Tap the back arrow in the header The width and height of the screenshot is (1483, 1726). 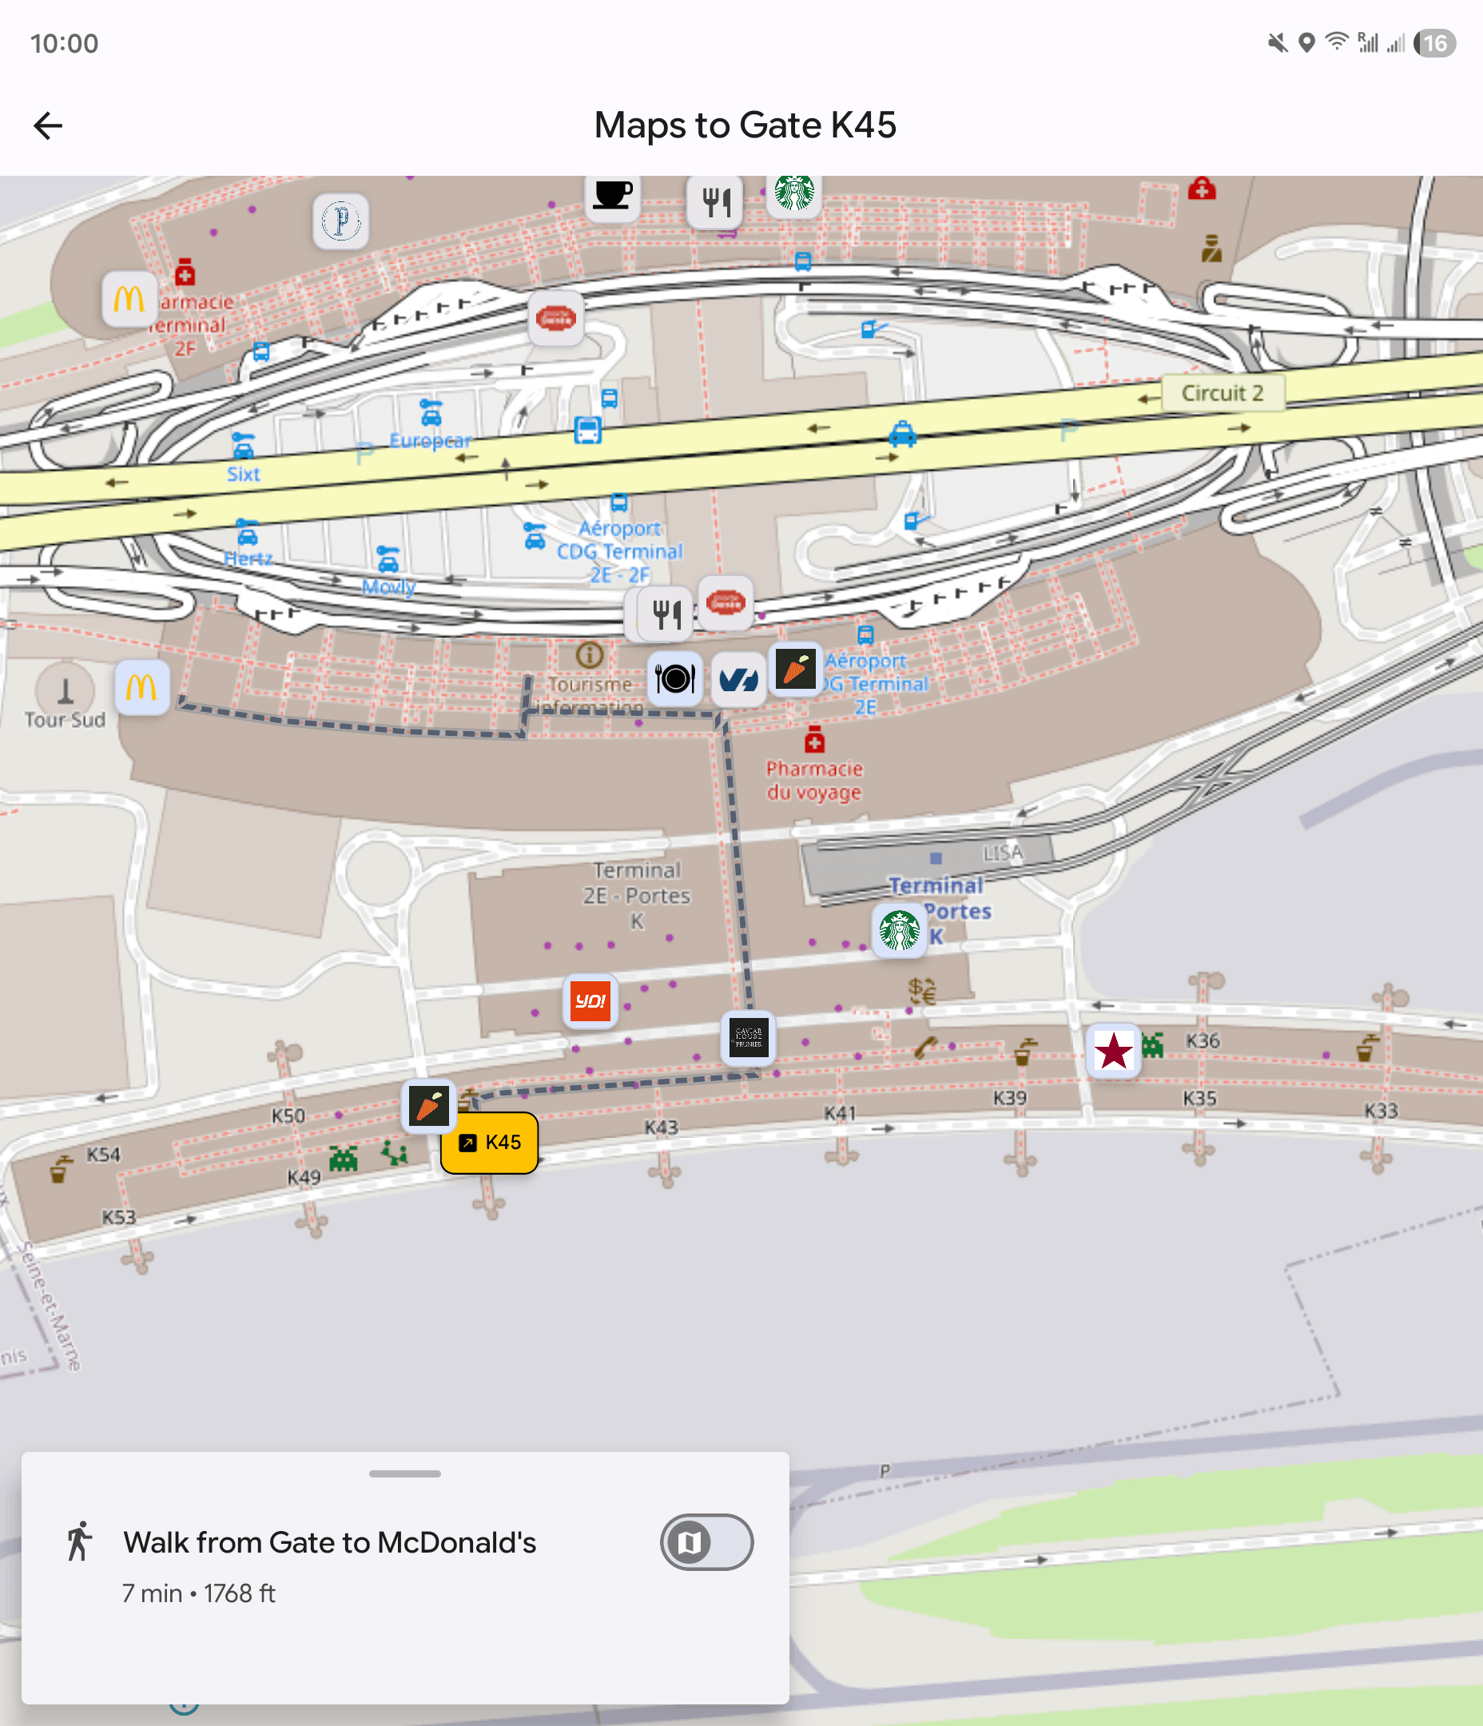[48, 125]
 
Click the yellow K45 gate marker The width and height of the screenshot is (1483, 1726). [490, 1142]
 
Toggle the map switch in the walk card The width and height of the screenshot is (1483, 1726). [706, 1542]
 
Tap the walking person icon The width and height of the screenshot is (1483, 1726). [79, 1541]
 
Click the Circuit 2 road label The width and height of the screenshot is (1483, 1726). [1223, 392]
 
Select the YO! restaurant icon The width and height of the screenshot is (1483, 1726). [590, 1000]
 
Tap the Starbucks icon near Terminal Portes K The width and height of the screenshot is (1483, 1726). [900, 930]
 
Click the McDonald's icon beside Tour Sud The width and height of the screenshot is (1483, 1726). [141, 687]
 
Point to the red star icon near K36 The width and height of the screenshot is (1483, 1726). [1114, 1051]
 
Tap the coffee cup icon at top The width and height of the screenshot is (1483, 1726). [612, 195]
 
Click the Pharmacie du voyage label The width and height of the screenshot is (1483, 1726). [814, 780]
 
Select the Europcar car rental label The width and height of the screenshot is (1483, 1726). [430, 439]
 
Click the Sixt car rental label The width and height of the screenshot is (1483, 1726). [243, 474]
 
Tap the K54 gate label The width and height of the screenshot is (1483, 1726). [103, 1155]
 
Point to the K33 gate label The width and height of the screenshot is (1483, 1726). [1381, 1111]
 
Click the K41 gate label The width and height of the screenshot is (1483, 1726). [840, 1113]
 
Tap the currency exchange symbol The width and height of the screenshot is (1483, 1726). [922, 989]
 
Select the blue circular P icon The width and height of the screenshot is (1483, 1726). [340, 221]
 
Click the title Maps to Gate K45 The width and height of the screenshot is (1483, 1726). [745, 125]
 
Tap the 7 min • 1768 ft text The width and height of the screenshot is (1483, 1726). [198, 1593]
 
